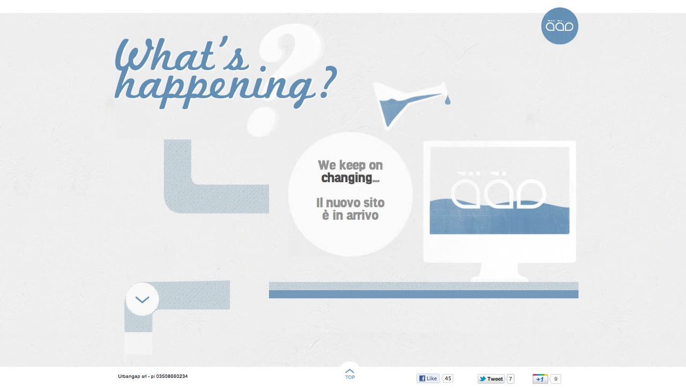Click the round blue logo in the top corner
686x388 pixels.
click(x=560, y=26)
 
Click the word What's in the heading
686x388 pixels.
click(x=182, y=56)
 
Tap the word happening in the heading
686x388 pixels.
click(x=214, y=87)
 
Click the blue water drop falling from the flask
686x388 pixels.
click(x=448, y=100)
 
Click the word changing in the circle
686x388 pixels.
click(x=347, y=178)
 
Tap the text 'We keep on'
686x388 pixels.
click(x=350, y=165)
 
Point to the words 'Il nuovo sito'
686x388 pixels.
click(x=350, y=203)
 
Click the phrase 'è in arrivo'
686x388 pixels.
click(x=350, y=215)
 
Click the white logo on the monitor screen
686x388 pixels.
click(x=498, y=190)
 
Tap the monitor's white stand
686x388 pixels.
click(x=499, y=272)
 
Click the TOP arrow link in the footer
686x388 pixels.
click(x=350, y=374)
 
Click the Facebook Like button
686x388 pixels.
click(x=428, y=378)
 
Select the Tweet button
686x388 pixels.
click(x=491, y=379)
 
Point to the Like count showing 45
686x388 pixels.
click(x=448, y=378)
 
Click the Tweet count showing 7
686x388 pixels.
click(x=510, y=379)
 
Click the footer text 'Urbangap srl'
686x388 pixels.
click(x=134, y=376)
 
